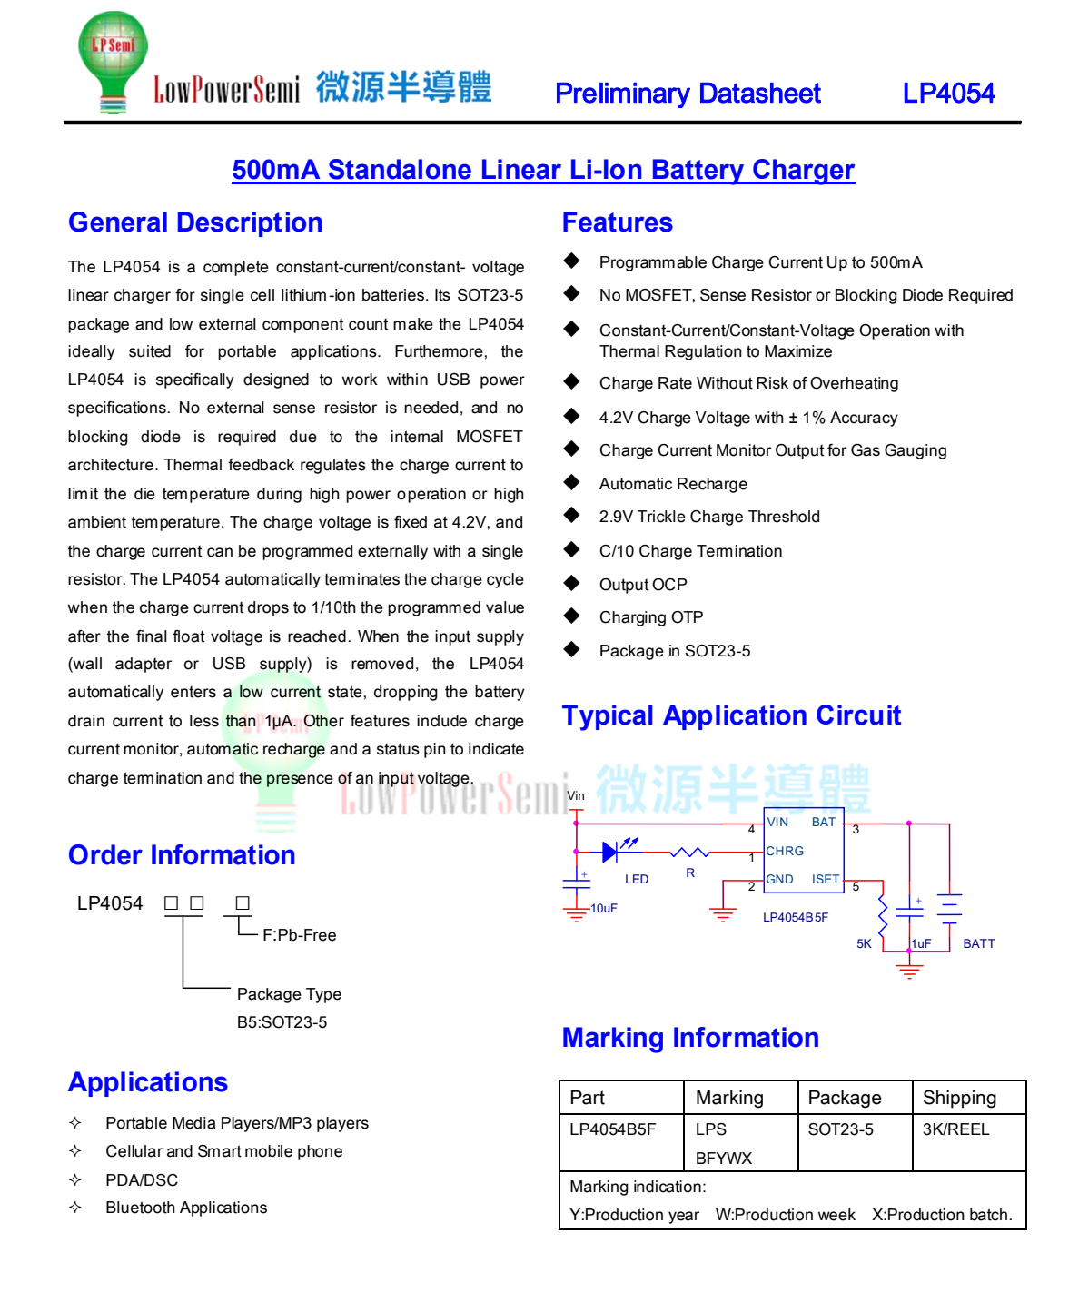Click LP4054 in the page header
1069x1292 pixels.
(x=948, y=94)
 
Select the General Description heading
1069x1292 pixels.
(x=195, y=223)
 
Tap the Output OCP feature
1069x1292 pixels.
(x=642, y=585)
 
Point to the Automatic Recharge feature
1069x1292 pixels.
(x=673, y=484)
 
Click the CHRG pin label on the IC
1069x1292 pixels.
(x=785, y=852)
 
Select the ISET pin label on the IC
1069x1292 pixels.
(x=825, y=879)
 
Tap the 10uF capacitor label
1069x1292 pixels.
(x=604, y=908)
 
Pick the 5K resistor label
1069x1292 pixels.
(x=864, y=944)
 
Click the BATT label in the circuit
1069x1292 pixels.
(x=978, y=944)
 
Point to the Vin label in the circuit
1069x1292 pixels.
(x=576, y=796)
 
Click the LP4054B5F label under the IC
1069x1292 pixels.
(x=795, y=917)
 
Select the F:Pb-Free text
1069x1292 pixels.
(x=299, y=935)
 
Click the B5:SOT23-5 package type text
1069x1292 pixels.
(x=282, y=1022)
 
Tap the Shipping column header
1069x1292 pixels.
(x=959, y=1098)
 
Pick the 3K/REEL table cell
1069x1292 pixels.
(x=955, y=1129)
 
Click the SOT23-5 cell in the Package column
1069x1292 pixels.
(x=840, y=1129)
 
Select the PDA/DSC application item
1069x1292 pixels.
(x=142, y=1180)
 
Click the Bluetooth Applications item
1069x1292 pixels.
(x=186, y=1208)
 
